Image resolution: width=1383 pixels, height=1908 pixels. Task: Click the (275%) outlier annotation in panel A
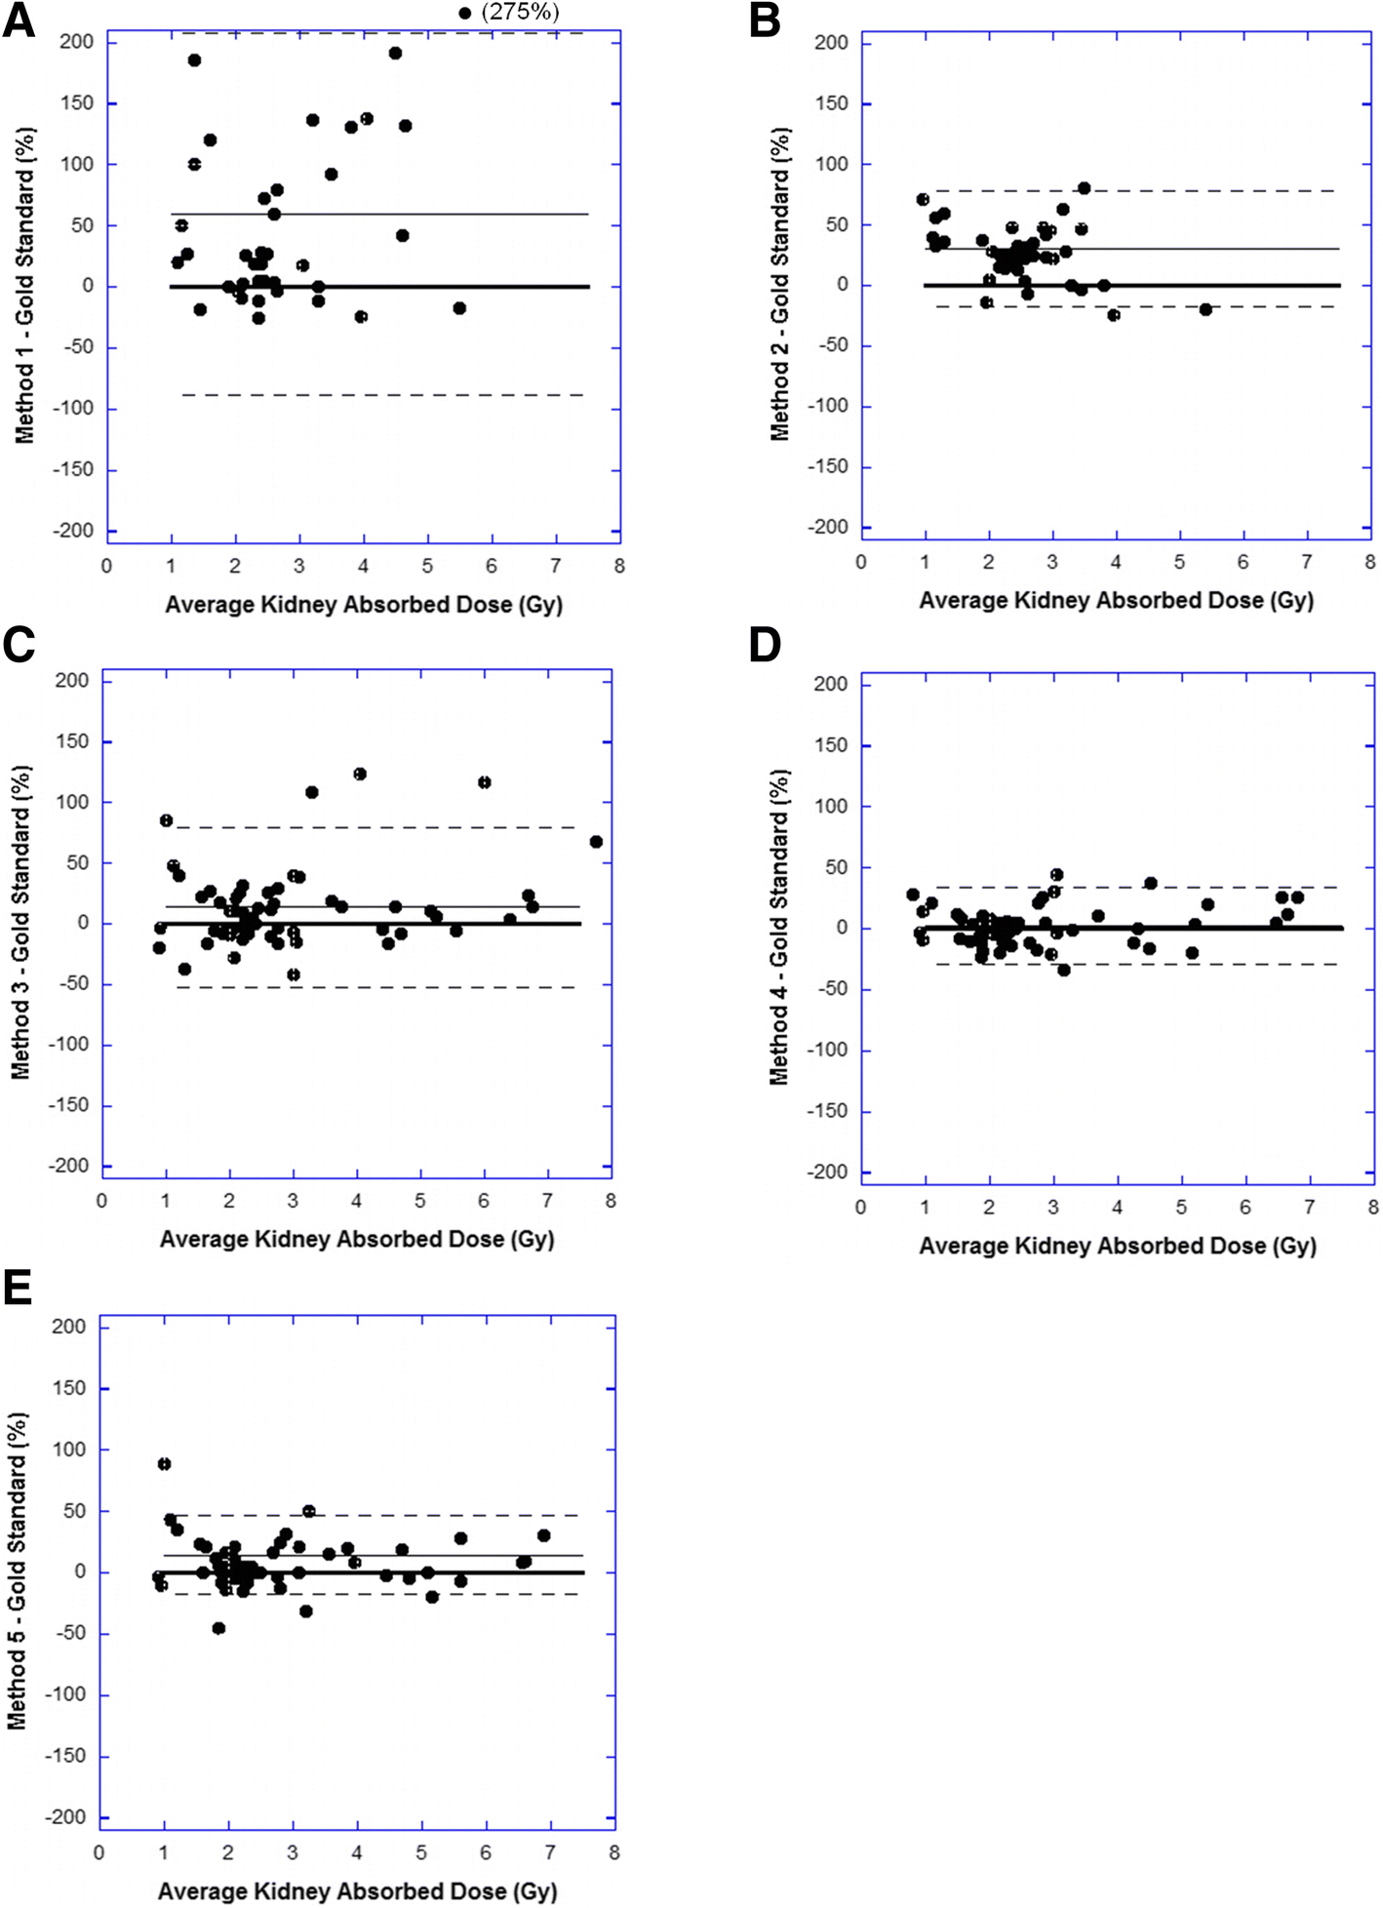(520, 13)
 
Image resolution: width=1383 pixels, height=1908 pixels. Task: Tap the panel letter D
(765, 645)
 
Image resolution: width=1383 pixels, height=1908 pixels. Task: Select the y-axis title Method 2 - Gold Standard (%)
(780, 285)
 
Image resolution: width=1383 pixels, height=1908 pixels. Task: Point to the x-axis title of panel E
(357, 1890)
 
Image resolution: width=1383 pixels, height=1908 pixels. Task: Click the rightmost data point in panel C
(596, 842)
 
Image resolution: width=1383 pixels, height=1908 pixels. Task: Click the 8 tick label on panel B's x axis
(1369, 562)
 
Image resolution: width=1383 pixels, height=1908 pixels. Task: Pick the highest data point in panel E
(164, 1464)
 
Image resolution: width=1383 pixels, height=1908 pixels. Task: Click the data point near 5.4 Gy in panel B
(1205, 309)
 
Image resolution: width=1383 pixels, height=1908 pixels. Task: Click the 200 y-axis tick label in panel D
(831, 685)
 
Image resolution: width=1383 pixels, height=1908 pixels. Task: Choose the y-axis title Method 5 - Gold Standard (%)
(18, 1570)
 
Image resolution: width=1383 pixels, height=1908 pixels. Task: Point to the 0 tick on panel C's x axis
(101, 1201)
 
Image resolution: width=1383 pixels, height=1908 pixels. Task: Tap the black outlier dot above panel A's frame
(464, 14)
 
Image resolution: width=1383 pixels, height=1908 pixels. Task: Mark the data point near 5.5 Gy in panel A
(459, 308)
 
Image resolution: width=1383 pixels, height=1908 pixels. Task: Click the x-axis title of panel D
(1117, 1246)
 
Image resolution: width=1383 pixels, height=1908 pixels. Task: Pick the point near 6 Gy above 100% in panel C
(484, 782)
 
